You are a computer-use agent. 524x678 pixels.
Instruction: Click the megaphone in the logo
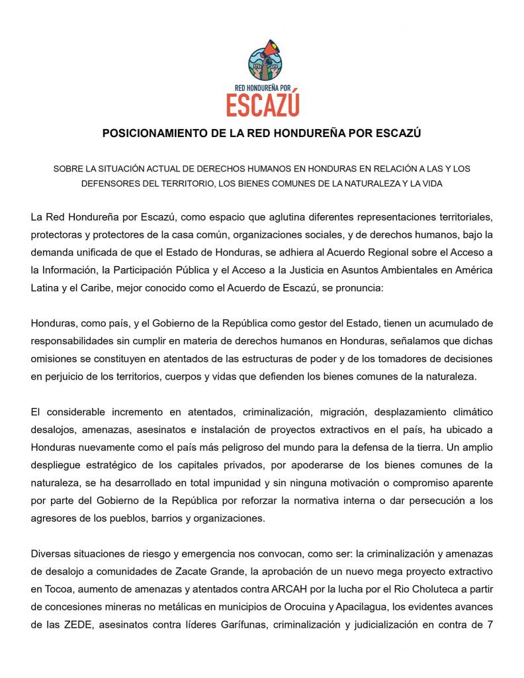[270, 49]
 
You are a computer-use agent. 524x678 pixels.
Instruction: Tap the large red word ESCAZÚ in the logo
[262, 105]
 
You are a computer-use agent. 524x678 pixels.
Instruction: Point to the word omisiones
[52, 360]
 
